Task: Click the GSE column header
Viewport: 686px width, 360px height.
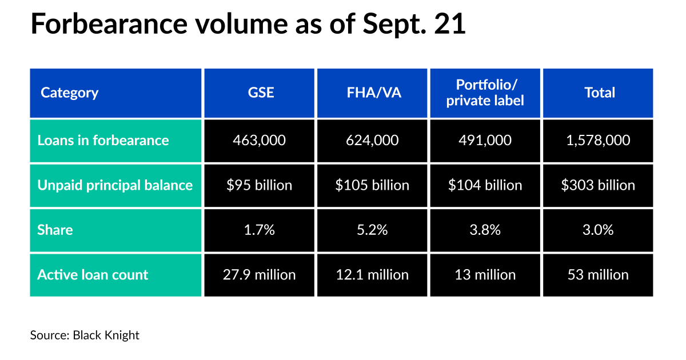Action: (259, 93)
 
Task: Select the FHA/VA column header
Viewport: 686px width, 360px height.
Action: (372, 93)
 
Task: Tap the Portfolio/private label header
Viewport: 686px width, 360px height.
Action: (485, 93)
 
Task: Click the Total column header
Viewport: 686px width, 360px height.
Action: (598, 93)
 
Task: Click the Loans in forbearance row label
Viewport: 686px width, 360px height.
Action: (103, 140)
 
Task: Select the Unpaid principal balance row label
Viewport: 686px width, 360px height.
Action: (115, 185)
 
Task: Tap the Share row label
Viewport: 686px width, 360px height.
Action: (55, 230)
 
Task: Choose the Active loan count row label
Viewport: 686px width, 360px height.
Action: (93, 274)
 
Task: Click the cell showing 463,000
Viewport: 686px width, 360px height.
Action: (259, 140)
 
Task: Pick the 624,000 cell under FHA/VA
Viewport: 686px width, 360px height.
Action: (372, 140)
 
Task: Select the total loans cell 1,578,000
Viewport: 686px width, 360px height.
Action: (598, 140)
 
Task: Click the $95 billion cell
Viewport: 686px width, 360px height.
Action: (259, 185)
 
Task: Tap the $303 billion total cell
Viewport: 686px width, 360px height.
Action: (598, 185)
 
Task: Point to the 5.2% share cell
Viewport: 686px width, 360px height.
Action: (372, 230)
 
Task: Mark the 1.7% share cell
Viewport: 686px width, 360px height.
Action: (259, 230)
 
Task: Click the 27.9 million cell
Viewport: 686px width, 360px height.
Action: (259, 274)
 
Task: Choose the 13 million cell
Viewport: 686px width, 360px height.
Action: (485, 274)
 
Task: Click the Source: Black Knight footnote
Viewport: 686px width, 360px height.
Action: (85, 335)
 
